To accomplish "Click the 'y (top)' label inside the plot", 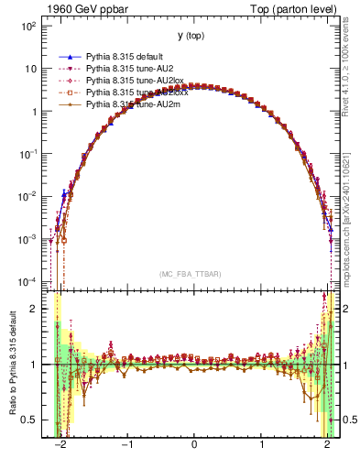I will click(191, 36).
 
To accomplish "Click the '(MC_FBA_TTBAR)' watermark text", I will click(191, 274).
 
